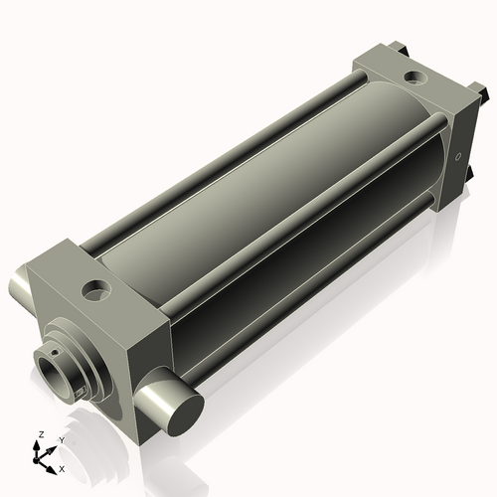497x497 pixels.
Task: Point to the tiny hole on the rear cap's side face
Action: (x=458, y=156)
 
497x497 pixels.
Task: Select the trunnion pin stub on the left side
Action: (x=20, y=287)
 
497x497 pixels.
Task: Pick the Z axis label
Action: (x=40, y=434)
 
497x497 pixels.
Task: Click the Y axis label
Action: (x=61, y=439)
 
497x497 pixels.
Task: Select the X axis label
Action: (x=63, y=467)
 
